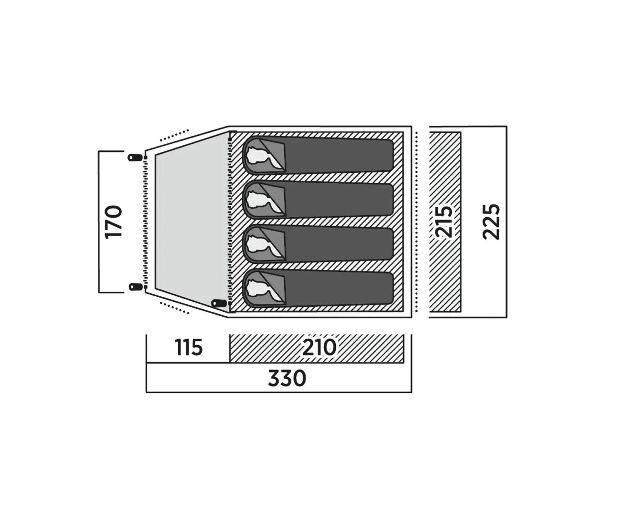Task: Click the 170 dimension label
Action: click(114, 222)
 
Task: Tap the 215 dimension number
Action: click(444, 222)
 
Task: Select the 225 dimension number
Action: click(491, 222)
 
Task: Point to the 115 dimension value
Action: click(189, 348)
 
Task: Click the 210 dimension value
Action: click(319, 348)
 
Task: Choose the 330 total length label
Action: click(287, 378)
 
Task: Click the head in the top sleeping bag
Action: click(259, 156)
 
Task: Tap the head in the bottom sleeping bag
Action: click(259, 288)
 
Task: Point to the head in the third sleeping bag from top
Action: click(259, 244)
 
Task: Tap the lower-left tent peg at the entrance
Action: click(136, 286)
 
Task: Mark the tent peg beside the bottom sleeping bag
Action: click(219, 303)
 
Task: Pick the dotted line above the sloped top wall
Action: click(174, 135)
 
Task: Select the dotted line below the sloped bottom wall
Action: click(174, 308)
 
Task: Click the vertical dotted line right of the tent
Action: click(416, 222)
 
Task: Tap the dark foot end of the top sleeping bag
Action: click(339, 155)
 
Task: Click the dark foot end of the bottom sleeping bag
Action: click(339, 288)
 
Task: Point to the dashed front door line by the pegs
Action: click(145, 222)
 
